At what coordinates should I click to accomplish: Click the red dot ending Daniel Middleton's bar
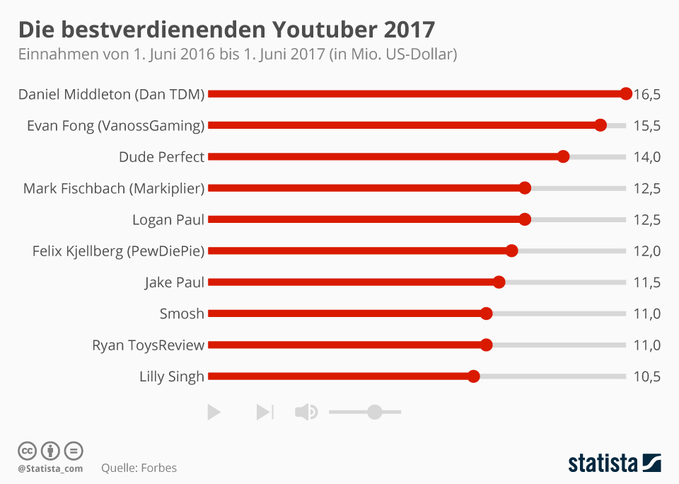click(x=625, y=93)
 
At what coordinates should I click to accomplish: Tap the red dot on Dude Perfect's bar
click(x=563, y=156)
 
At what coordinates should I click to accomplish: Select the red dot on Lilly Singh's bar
click(x=474, y=376)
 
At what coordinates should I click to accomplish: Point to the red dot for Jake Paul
click(x=499, y=282)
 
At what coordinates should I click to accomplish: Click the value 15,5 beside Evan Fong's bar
click(x=646, y=126)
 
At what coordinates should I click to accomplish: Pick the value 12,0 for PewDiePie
click(x=646, y=251)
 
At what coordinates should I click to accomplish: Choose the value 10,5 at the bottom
click(x=646, y=377)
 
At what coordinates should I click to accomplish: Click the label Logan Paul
click(x=168, y=219)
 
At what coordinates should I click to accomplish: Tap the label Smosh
click(x=182, y=313)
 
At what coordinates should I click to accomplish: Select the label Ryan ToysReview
click(x=148, y=345)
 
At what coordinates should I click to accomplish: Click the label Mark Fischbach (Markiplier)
click(x=113, y=188)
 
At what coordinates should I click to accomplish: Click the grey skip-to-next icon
click(x=265, y=412)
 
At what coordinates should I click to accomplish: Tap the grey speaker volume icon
click(x=306, y=412)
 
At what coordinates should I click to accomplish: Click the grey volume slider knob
click(x=375, y=412)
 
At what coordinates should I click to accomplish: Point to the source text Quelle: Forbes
click(x=139, y=468)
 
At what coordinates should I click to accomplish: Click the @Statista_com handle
click(x=50, y=468)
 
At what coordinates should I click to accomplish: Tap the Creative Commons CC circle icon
click(x=27, y=451)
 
